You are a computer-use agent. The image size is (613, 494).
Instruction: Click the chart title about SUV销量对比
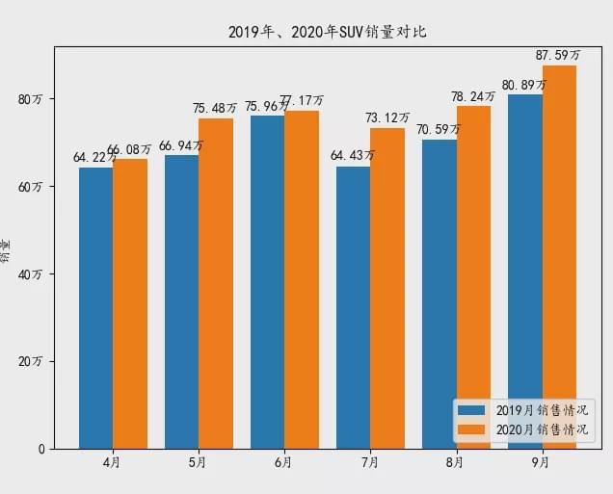point(328,32)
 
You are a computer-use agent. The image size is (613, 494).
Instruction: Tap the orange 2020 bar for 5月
point(216,284)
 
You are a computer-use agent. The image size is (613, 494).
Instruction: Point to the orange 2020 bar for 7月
point(387,289)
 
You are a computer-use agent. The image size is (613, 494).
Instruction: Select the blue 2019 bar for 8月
point(439,294)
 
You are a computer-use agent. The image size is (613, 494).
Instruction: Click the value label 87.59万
point(559,56)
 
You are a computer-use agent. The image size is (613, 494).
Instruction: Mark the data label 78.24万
point(473,96)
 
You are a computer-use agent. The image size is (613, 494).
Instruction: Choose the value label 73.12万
point(387,118)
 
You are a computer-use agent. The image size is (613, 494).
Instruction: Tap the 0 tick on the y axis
point(42,449)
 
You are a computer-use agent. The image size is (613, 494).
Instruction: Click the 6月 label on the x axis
point(283,463)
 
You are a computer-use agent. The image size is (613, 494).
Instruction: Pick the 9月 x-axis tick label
point(541,463)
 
